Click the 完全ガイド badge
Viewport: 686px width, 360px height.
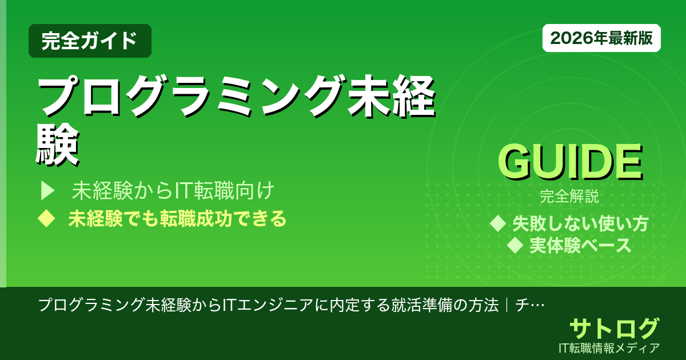pyautogui.click(x=90, y=41)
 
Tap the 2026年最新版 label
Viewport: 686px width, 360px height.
pyautogui.click(x=601, y=38)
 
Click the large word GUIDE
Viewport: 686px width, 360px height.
pyautogui.click(x=569, y=162)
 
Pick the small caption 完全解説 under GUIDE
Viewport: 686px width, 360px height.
pyautogui.click(x=569, y=198)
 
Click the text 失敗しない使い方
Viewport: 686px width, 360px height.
pyautogui.click(x=580, y=223)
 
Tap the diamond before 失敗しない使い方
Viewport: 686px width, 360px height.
pyautogui.click(x=498, y=223)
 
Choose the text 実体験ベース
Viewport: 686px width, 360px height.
pyautogui.click(x=580, y=245)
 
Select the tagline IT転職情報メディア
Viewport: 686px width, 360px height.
pyautogui.click(x=611, y=347)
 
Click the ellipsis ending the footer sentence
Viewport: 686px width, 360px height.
pyautogui.click(x=537, y=305)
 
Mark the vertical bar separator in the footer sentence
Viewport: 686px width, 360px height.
pyautogui.click(x=506, y=305)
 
